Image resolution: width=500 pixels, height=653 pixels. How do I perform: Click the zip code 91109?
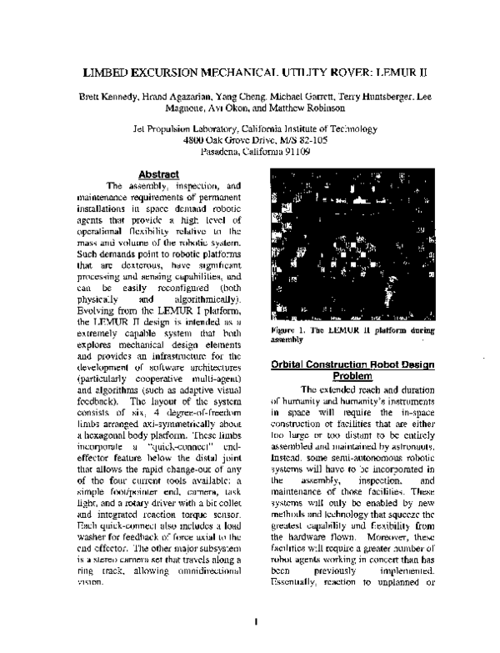point(294,152)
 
